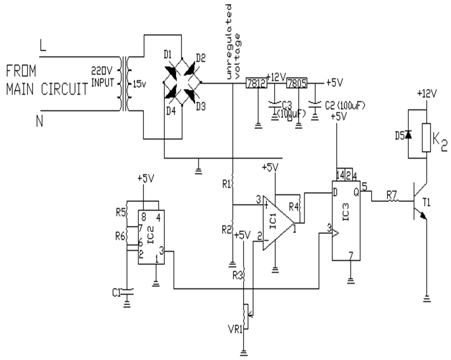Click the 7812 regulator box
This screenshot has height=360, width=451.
pyautogui.click(x=256, y=83)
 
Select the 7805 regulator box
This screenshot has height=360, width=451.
pyautogui.click(x=297, y=83)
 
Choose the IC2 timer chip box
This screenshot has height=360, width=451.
pyautogui.click(x=152, y=237)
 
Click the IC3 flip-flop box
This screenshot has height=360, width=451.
pyautogui.click(x=346, y=220)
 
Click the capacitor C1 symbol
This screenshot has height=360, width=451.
pyautogui.click(x=127, y=292)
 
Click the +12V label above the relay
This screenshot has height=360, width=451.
pyautogui.click(x=427, y=95)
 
